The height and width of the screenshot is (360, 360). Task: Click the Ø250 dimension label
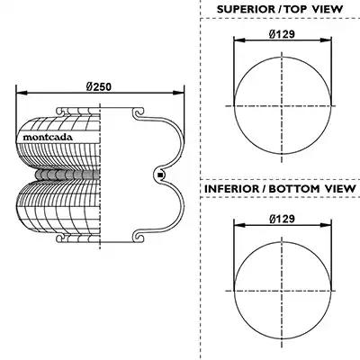(x=99, y=86)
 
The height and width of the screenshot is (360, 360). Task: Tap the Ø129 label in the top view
(x=282, y=34)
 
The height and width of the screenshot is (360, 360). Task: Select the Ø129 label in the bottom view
(x=282, y=219)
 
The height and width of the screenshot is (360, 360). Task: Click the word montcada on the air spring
(x=48, y=138)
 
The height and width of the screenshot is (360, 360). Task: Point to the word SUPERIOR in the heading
(x=246, y=9)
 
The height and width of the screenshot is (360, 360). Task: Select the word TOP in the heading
(x=296, y=9)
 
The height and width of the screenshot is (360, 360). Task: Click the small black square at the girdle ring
(x=160, y=175)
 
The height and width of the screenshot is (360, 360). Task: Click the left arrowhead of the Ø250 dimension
(x=22, y=94)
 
